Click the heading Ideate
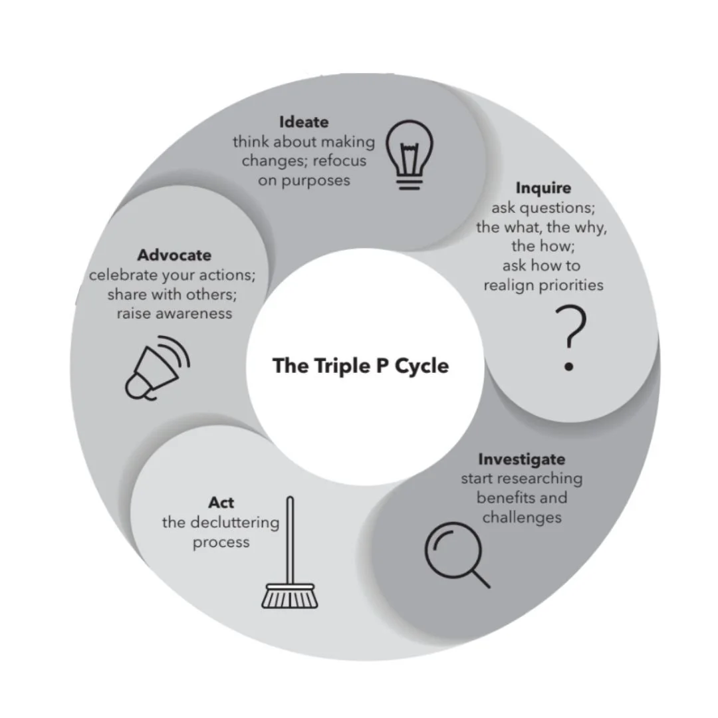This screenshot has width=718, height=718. coord(304,122)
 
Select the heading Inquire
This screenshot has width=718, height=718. coord(543,189)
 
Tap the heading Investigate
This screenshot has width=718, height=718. coord(521,459)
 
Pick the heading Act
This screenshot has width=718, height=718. coord(221,502)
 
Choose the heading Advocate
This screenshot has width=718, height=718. coord(174,255)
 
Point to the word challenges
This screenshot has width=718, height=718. coord(522,517)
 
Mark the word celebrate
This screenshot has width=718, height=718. coord(121,275)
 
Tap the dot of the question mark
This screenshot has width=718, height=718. coord(568,366)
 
